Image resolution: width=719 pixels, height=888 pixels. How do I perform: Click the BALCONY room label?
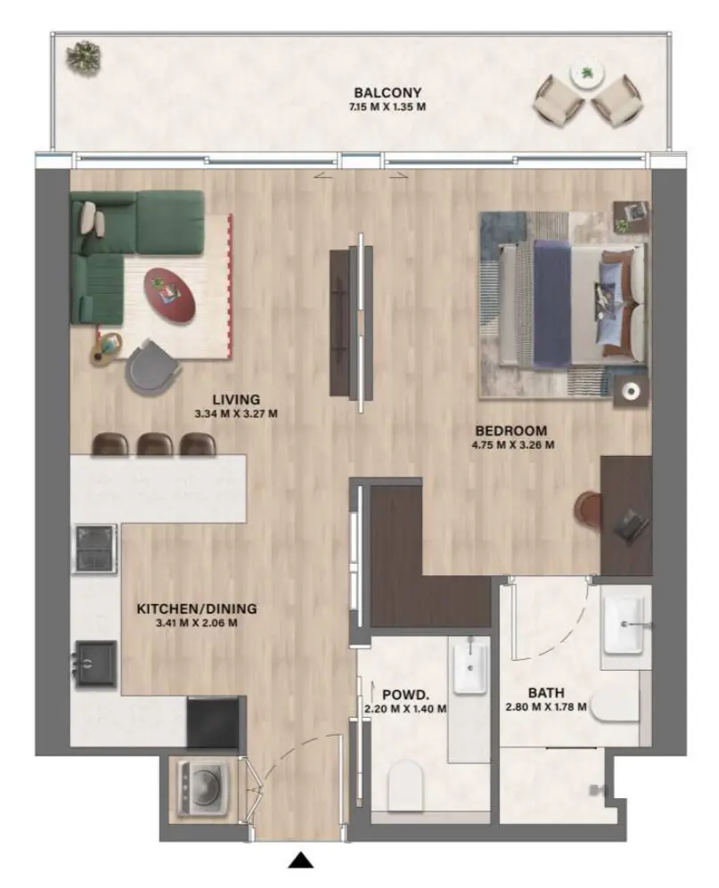coord(387,92)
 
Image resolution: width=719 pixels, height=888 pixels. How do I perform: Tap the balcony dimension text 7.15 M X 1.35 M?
coord(387,107)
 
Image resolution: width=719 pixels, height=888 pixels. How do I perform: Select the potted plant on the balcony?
coord(84,56)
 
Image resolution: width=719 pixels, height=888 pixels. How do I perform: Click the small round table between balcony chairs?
coord(586,75)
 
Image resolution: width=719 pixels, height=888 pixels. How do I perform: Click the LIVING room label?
coord(236,399)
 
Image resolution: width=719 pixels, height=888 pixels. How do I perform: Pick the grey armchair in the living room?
coord(152,367)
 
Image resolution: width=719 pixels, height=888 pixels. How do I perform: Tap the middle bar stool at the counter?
coord(153,444)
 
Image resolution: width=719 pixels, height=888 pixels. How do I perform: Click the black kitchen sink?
coord(95,663)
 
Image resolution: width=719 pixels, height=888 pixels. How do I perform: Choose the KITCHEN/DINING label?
coord(196,609)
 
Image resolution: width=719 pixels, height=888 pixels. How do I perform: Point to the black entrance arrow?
coord(303,859)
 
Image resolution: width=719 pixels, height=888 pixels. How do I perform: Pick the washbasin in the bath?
coord(625,621)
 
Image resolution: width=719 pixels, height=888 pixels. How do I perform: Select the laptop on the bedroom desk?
coord(631,525)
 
